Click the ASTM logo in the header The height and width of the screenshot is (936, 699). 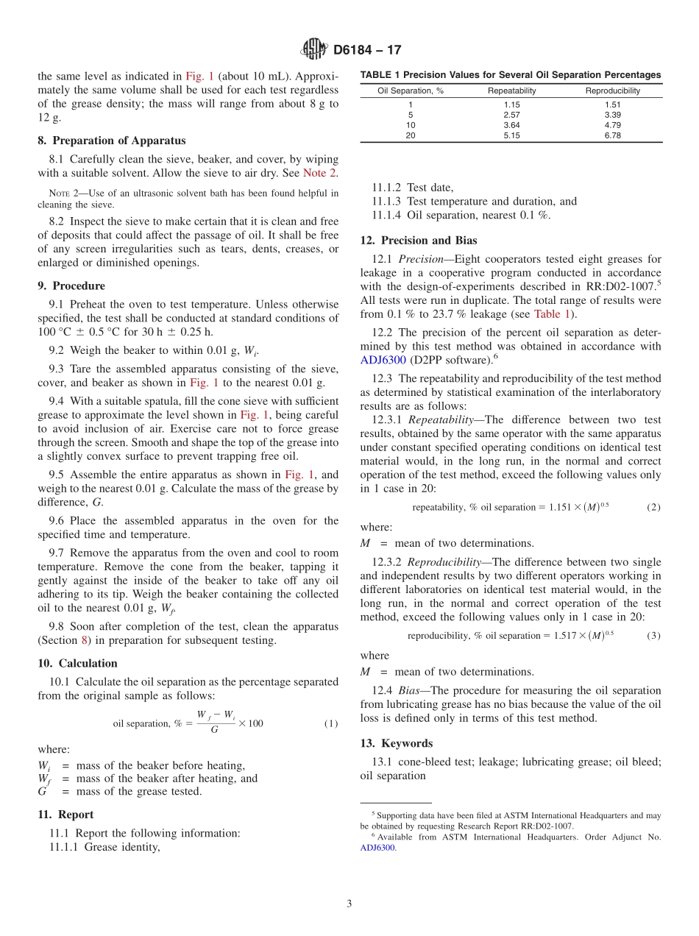click(314, 50)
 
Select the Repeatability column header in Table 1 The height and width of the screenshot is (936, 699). click(511, 91)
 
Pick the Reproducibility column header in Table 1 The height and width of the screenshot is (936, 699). click(612, 91)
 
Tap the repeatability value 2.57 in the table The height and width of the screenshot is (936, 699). click(511, 115)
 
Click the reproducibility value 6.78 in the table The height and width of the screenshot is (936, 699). click(612, 135)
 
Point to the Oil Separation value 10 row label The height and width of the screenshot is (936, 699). click(410, 125)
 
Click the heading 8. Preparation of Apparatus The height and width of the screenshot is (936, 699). click(111, 141)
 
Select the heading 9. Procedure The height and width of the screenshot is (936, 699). click(71, 286)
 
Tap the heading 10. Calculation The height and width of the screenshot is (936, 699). click(77, 663)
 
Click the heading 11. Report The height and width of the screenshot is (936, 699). click(65, 815)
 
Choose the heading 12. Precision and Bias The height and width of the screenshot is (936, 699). click(419, 240)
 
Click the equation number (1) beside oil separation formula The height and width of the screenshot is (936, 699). click(331, 723)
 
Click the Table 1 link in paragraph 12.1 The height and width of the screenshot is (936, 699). click(552, 313)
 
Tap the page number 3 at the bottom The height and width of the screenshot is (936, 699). click(349, 904)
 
